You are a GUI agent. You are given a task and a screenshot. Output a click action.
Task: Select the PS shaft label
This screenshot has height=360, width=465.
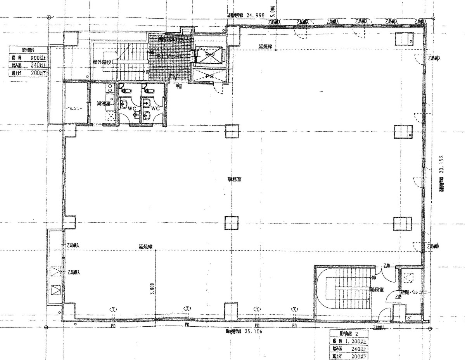click(209, 77)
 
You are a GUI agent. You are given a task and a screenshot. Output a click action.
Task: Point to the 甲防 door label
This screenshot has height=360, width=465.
click(179, 86)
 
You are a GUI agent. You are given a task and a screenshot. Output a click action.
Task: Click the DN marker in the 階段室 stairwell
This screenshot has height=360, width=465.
click(374, 278)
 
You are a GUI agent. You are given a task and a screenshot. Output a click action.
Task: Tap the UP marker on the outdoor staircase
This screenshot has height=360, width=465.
click(147, 71)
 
